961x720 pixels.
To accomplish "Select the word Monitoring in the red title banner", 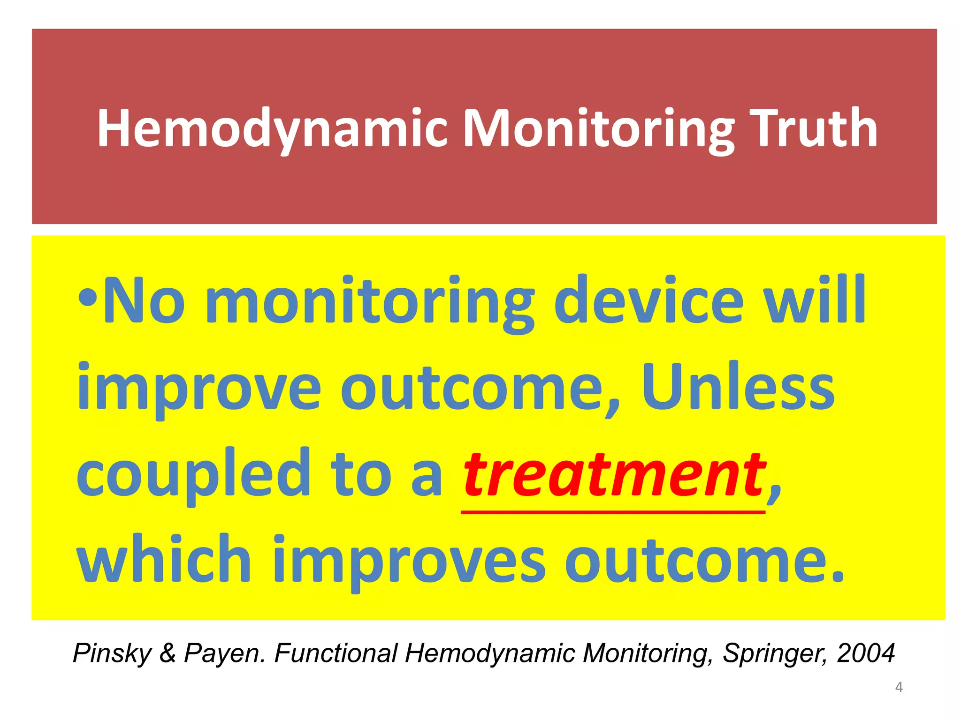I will (598, 128).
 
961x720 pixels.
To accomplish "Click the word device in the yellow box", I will (648, 300).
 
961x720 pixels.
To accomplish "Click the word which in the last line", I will (164, 560).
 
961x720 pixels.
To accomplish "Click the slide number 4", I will (899, 687).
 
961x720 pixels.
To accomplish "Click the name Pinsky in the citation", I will (112, 653).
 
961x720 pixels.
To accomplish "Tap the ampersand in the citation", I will (168, 652).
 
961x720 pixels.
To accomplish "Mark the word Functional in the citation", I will (336, 652).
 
